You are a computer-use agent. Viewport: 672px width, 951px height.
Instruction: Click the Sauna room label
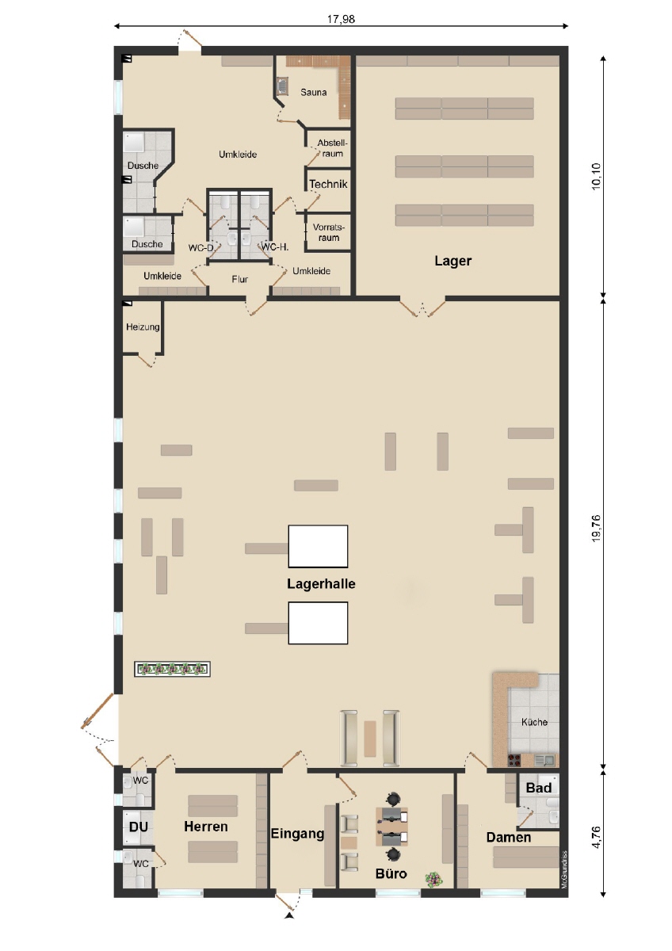(x=313, y=92)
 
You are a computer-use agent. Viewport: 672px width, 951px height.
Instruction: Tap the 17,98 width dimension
(x=341, y=19)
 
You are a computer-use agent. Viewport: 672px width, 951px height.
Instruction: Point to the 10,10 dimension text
(x=596, y=176)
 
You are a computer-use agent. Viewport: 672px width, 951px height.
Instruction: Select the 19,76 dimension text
(x=596, y=528)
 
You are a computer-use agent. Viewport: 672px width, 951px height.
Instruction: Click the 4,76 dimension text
(x=596, y=837)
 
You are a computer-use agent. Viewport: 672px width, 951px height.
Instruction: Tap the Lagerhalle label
(x=321, y=584)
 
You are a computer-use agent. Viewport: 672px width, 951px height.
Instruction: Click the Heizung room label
(x=143, y=327)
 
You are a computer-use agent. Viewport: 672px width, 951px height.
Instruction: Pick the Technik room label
(x=328, y=184)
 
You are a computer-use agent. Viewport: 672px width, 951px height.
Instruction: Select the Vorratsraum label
(x=329, y=232)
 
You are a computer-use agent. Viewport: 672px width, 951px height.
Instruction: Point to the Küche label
(x=534, y=722)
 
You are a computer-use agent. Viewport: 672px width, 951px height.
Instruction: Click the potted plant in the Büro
(x=433, y=879)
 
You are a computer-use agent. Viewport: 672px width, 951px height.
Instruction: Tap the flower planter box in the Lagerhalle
(x=172, y=669)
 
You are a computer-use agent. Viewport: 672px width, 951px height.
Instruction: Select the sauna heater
(x=282, y=86)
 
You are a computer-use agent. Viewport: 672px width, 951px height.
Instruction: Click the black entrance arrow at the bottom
(x=289, y=914)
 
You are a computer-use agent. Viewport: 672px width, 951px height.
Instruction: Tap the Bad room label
(x=538, y=788)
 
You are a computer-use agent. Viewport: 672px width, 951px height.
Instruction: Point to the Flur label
(x=240, y=279)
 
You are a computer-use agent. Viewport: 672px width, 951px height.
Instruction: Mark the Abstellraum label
(x=332, y=148)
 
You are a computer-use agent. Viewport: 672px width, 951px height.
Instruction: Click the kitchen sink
(x=544, y=759)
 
